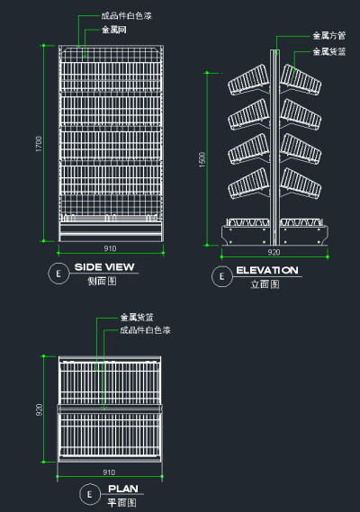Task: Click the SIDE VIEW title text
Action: (104, 267)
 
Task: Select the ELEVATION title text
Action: (267, 270)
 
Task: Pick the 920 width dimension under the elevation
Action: (274, 253)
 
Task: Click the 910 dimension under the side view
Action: (110, 248)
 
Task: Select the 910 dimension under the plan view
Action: (110, 472)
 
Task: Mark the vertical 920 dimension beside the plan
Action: (39, 409)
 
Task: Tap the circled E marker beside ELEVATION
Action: (220, 276)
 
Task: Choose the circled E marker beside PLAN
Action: (89, 494)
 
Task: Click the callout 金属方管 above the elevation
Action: (328, 36)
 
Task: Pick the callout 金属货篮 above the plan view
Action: (136, 318)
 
